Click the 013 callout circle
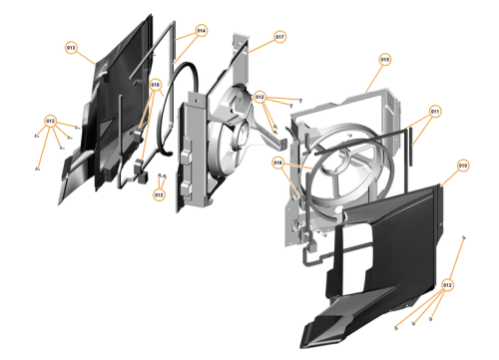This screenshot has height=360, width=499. coord(71,47)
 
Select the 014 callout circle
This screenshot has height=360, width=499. coord(201,31)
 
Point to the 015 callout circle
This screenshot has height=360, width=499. coord(384,60)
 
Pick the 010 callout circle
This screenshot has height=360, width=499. coord(463,165)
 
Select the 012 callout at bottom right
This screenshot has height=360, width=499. coord(447,285)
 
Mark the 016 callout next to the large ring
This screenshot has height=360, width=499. coord(280,163)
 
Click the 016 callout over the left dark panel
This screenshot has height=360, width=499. coord(156,86)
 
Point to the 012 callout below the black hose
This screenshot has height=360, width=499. coord(159,195)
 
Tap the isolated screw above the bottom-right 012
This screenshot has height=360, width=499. coord(466,238)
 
